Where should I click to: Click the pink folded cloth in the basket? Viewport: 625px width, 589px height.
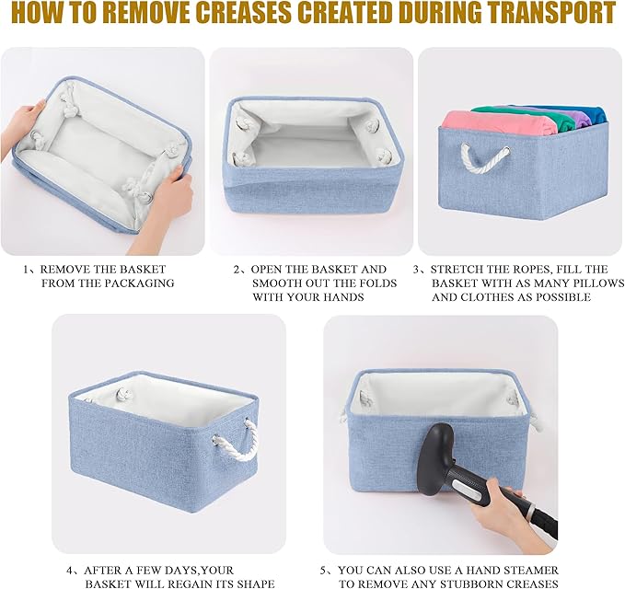(x=499, y=124)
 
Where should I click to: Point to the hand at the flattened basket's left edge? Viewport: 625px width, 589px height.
(x=23, y=124)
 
